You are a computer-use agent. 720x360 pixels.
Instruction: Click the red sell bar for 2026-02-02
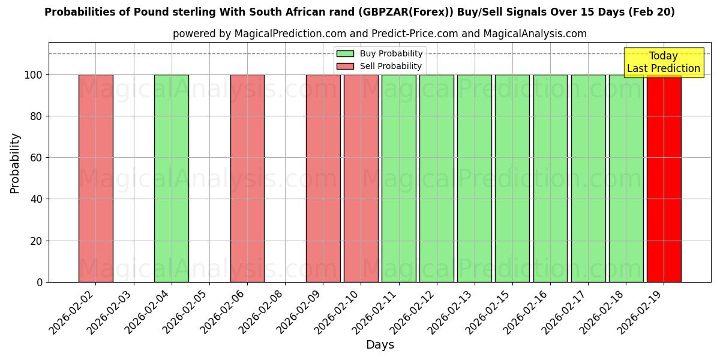coord(96,178)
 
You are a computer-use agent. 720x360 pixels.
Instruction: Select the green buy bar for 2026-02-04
coord(172,178)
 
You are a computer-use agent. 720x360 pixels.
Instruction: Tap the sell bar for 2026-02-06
coord(247,178)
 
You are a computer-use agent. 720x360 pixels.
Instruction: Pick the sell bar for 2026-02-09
coord(323,178)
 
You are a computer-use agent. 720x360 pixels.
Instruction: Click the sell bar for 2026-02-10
coord(361,178)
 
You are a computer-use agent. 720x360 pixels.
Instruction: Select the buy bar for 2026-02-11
coord(399,178)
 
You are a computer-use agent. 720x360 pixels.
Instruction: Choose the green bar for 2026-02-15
coord(512,178)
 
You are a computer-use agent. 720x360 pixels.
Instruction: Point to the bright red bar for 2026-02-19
coord(664,178)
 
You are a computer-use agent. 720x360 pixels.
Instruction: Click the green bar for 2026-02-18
coord(626,178)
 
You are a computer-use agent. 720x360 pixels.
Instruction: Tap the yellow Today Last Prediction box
coord(664,62)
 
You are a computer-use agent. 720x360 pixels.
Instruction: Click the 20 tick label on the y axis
coord(37,241)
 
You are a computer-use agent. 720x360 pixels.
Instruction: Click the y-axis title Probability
coord(15,163)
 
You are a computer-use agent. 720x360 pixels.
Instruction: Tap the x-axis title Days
coord(380,345)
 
